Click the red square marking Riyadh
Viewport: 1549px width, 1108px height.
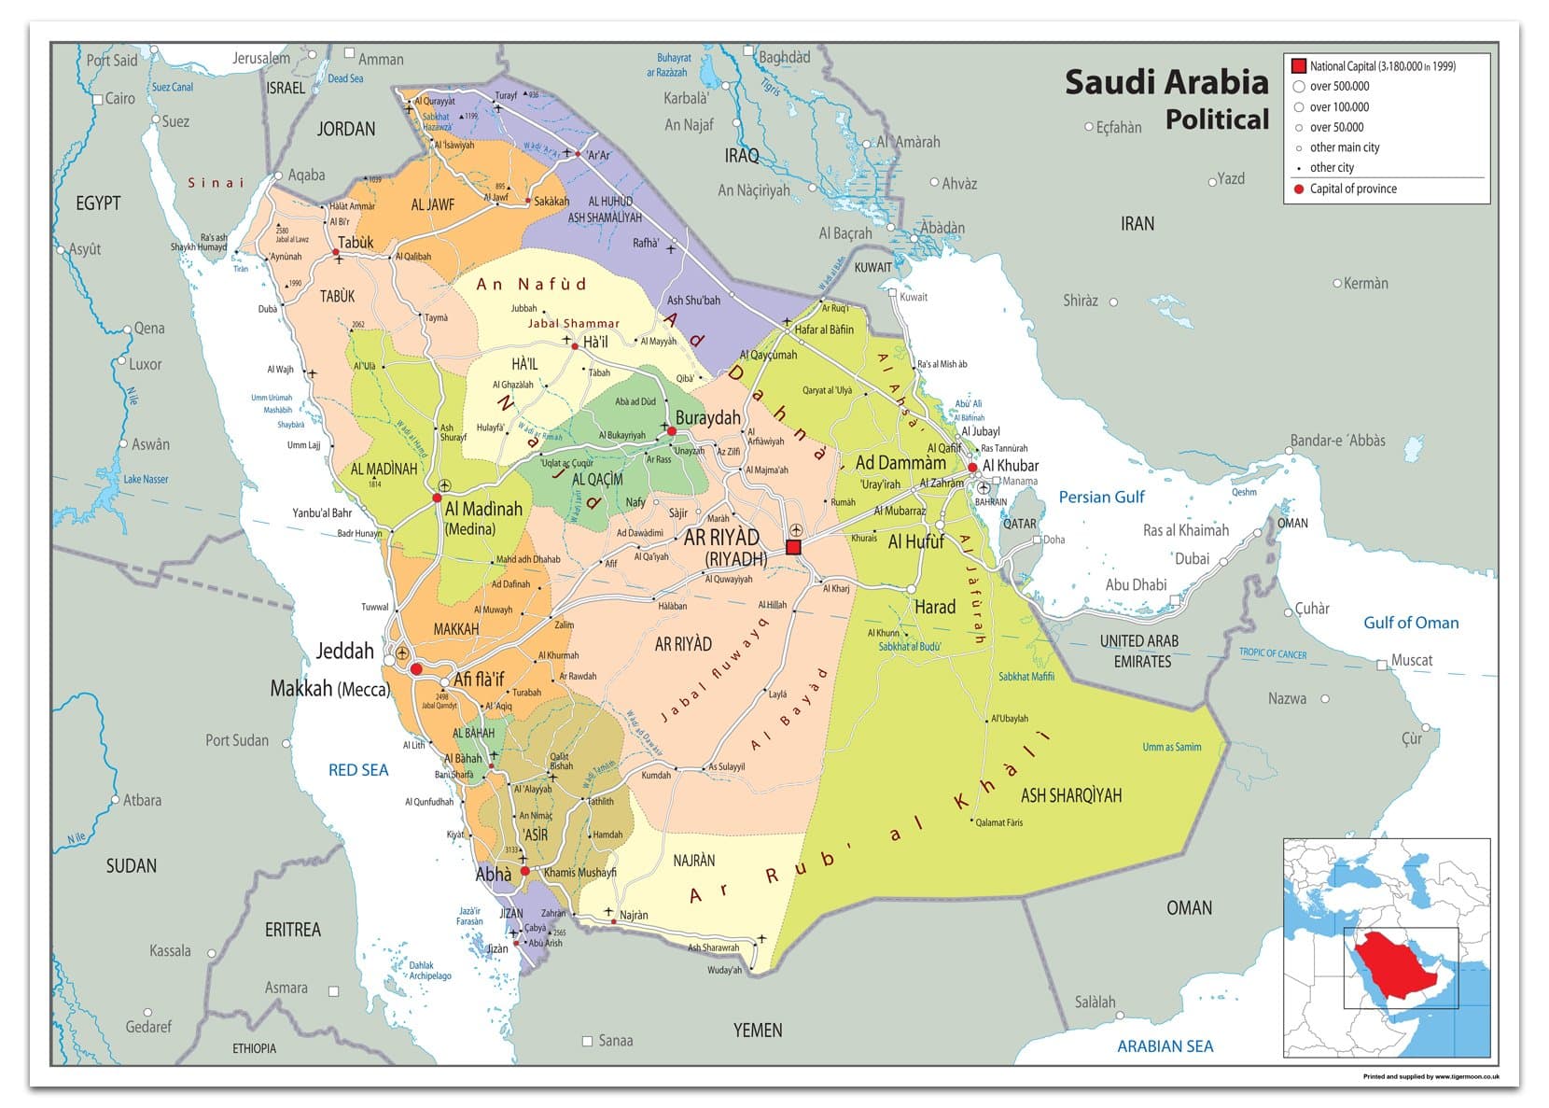[x=793, y=547]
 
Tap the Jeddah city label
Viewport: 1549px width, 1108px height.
[x=344, y=652]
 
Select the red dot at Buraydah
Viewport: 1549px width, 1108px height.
[x=671, y=431]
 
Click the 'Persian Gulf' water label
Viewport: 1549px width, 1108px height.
[x=1100, y=498]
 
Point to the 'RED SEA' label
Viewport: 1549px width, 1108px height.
[x=357, y=770]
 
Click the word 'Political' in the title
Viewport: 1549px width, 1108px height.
[x=1217, y=119]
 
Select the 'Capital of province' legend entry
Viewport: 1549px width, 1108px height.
[x=1352, y=189]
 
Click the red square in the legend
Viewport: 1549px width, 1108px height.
[x=1298, y=66]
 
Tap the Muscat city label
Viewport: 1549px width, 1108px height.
[x=1411, y=660]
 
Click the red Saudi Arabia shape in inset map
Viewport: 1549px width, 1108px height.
[x=1396, y=961]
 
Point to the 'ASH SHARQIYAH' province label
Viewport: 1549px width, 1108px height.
[x=1070, y=795]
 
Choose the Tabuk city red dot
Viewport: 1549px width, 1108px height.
[x=336, y=252]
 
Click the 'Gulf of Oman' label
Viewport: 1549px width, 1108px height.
[x=1411, y=623]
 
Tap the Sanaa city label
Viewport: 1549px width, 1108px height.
[x=615, y=1040]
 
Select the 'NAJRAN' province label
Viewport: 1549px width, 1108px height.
[x=693, y=861]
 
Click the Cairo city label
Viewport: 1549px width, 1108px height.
[x=119, y=98]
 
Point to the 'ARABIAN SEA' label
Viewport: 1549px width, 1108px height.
[x=1165, y=1046]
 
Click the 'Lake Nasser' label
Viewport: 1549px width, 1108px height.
[x=146, y=479]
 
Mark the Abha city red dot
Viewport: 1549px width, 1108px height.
[x=524, y=871]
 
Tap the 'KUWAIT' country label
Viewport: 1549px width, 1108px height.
[x=872, y=267]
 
